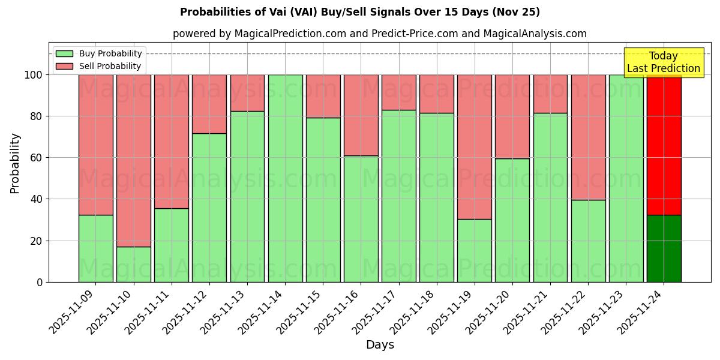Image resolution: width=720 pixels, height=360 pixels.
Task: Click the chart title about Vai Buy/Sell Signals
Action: point(360,12)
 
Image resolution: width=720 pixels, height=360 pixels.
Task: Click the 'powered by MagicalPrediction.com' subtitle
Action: point(379,34)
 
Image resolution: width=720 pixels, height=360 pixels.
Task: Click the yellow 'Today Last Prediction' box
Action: point(663,62)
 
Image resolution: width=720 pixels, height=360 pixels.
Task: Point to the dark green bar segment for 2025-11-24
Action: point(664,248)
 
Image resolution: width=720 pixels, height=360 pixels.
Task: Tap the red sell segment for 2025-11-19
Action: point(474,147)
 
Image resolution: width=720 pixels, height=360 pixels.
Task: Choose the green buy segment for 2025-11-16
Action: point(361,218)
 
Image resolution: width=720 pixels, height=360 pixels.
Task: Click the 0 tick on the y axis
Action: point(40,282)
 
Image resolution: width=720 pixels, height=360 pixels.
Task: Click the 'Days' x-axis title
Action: point(380,345)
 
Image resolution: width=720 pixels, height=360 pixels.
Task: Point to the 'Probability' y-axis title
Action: point(15,163)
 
